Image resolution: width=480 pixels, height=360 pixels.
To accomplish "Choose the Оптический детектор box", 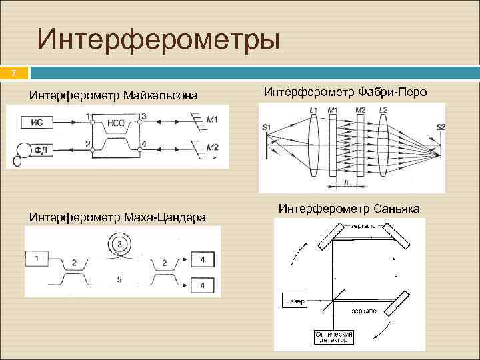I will pos(334,336).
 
